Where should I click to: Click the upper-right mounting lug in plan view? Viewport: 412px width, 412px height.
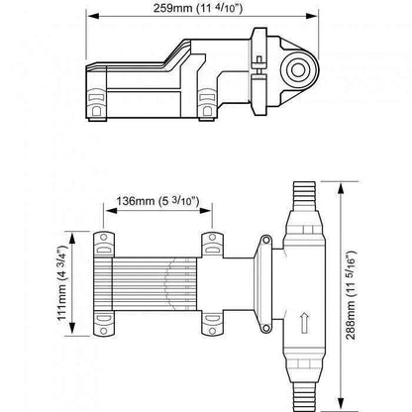point(214,243)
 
